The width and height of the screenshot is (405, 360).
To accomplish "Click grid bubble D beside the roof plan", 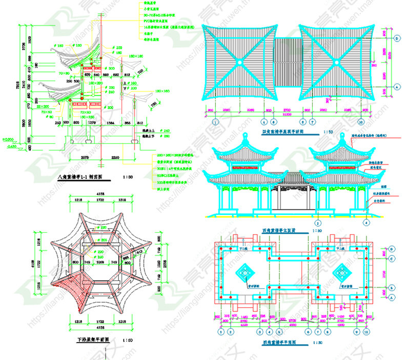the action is click(397, 38).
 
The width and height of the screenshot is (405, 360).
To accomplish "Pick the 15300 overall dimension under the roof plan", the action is click(288, 115).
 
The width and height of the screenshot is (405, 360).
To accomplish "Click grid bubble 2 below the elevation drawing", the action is click(318, 224).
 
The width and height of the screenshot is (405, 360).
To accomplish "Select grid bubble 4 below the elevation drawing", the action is click(367, 224).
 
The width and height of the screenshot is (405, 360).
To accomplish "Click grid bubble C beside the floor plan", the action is click(391, 258).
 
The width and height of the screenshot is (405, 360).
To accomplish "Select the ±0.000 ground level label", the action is click(7, 139).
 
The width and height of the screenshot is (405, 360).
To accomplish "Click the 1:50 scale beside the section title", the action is click(128, 176).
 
